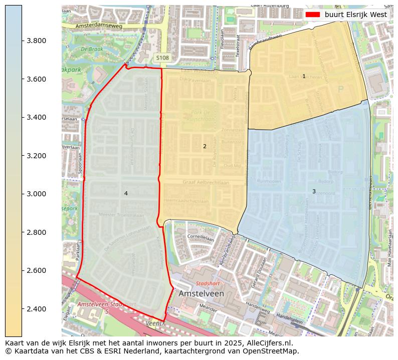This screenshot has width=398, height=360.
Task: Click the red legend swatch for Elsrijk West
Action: point(313,15)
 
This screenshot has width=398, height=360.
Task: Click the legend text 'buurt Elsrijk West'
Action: point(355,15)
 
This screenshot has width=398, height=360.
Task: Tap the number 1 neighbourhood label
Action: point(304,76)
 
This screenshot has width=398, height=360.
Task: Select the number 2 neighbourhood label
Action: point(205,146)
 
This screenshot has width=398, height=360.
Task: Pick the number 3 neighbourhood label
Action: point(314,191)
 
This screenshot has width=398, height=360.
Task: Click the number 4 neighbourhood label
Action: point(126,193)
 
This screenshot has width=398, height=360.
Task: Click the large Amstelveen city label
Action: point(201,293)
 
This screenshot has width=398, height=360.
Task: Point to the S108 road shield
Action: point(162,58)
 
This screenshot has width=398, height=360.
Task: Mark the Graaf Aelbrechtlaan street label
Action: point(206,183)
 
